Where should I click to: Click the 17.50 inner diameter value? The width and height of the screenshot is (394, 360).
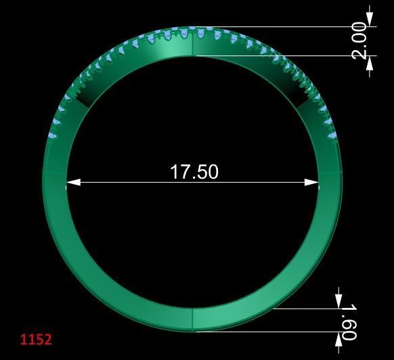click(194, 172)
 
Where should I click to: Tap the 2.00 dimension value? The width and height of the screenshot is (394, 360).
click(359, 41)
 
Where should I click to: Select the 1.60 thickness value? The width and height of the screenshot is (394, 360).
click(347, 321)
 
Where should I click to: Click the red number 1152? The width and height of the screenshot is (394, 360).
click(36, 339)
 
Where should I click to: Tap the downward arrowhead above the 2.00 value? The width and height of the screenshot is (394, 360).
click(370, 21)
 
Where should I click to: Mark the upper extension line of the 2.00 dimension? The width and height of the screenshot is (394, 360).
click(284, 27)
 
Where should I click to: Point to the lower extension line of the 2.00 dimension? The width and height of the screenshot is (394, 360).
click(284, 56)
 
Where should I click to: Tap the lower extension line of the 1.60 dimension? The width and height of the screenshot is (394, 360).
click(271, 331)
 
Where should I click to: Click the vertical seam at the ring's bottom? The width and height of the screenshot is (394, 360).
click(194, 319)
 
